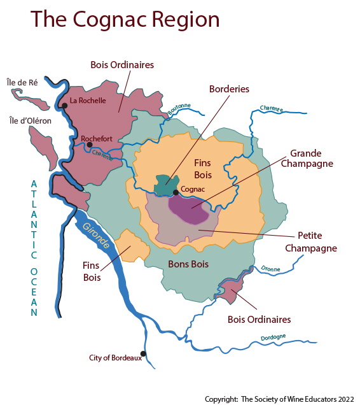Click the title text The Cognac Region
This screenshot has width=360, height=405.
[x=125, y=19]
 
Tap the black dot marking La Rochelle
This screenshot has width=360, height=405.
[x=64, y=106]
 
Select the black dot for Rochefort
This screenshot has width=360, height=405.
[x=89, y=145]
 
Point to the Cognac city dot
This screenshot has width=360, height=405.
[x=176, y=191]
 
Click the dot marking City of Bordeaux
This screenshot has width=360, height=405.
[x=144, y=353]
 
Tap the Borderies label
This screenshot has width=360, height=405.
[x=229, y=89]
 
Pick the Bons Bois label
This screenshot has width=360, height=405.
[x=188, y=263]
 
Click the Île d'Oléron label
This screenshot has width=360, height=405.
[x=31, y=120]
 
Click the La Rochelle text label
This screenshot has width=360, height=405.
[x=87, y=100]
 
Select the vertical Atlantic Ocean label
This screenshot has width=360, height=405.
[x=34, y=248]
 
